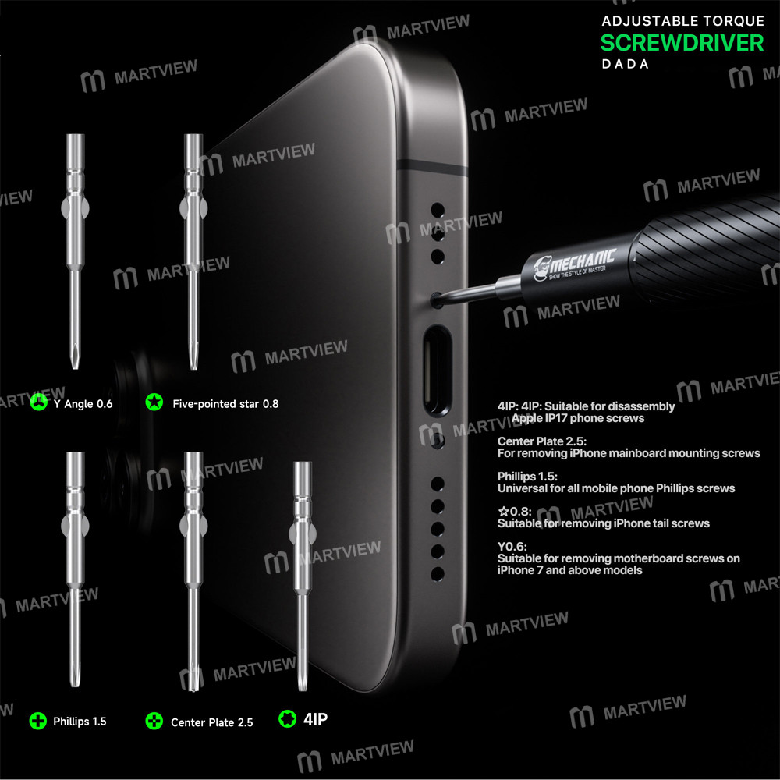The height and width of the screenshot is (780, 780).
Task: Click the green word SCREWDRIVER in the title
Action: [x=682, y=42]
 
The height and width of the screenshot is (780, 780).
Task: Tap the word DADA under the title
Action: [x=625, y=65]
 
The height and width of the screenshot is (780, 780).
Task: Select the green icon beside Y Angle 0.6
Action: [x=37, y=403]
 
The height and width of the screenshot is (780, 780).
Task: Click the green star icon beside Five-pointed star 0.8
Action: [x=154, y=403]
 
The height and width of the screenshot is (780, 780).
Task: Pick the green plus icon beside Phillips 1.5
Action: [x=37, y=721]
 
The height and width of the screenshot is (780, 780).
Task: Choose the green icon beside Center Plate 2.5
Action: [x=154, y=721]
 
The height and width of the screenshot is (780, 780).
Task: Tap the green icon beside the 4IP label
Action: [x=287, y=718]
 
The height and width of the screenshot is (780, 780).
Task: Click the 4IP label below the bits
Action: [x=315, y=718]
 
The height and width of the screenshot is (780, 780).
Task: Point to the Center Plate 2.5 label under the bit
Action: [x=211, y=722]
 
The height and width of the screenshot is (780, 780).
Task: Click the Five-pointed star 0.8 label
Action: [x=225, y=404]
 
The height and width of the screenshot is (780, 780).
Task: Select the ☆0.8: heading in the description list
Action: [x=515, y=511]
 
